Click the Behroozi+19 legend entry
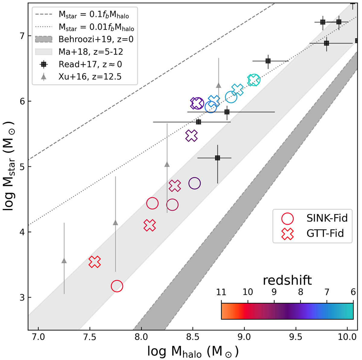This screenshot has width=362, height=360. click(96, 39)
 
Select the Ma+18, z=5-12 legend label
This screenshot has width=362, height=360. click(91, 52)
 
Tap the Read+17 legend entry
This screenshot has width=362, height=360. click(90, 64)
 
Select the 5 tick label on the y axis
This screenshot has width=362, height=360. click(21, 167)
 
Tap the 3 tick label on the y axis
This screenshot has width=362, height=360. click(21, 297)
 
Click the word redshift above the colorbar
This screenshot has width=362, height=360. click(287, 281)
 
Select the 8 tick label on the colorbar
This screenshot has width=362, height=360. click(300, 292)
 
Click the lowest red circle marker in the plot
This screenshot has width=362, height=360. click(117, 286)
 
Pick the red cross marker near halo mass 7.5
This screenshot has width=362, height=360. click(95, 262)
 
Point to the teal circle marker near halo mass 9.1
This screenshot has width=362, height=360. click(254, 80)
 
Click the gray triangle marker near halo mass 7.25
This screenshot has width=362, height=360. click(64, 261)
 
